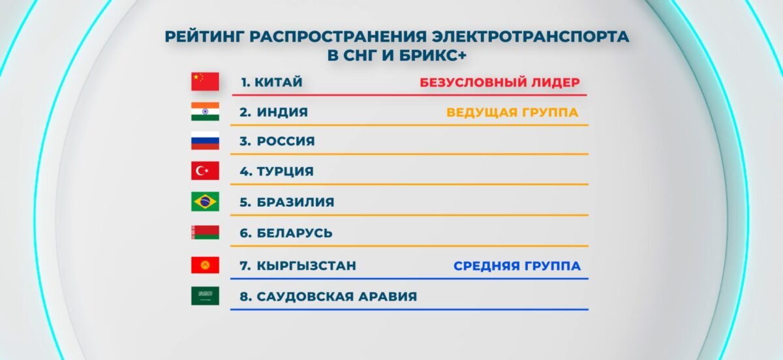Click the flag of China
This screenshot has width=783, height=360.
click(205, 82)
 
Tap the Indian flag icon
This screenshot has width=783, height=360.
click(205, 112)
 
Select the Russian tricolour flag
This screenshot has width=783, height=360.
click(205, 140)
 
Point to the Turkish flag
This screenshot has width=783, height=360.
click(205, 171)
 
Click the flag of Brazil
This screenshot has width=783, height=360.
click(205, 202)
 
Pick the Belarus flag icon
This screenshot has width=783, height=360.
click(205, 232)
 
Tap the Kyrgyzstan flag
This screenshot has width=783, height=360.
click(205, 265)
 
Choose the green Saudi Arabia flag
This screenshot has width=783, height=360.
click(205, 295)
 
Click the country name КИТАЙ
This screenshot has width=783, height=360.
click(278, 82)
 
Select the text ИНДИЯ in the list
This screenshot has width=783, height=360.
click(283, 112)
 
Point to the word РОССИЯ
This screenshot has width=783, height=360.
click(286, 142)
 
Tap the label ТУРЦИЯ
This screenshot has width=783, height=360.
click(285, 172)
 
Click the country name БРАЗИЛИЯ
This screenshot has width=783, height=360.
click(296, 202)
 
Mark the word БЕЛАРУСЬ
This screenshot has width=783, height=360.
click(295, 233)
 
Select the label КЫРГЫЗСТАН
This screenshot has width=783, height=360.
click(307, 265)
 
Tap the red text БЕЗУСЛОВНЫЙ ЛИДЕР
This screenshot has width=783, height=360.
click(500, 82)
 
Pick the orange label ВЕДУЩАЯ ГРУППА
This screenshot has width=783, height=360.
click(512, 113)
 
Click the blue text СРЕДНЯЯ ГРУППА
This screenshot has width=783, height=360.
click(517, 266)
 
